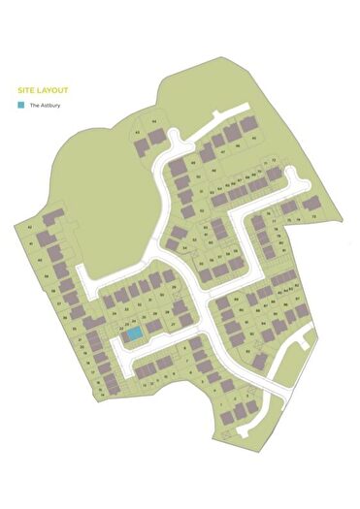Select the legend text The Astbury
pos(45,105)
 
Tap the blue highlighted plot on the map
pos(133,334)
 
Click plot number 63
pos(138,132)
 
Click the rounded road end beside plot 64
pos(174,135)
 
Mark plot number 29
pos(174,287)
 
